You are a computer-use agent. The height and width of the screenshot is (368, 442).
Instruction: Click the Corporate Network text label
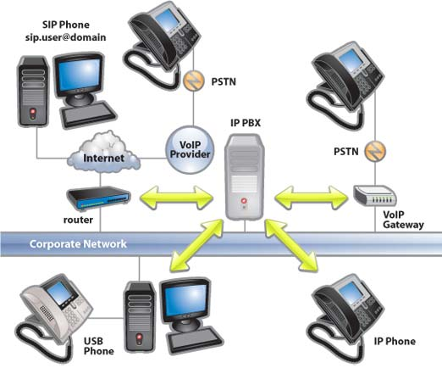(x=78, y=244)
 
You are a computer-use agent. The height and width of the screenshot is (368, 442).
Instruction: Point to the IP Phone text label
(x=395, y=342)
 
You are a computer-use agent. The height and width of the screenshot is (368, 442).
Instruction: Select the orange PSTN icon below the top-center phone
(x=191, y=81)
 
